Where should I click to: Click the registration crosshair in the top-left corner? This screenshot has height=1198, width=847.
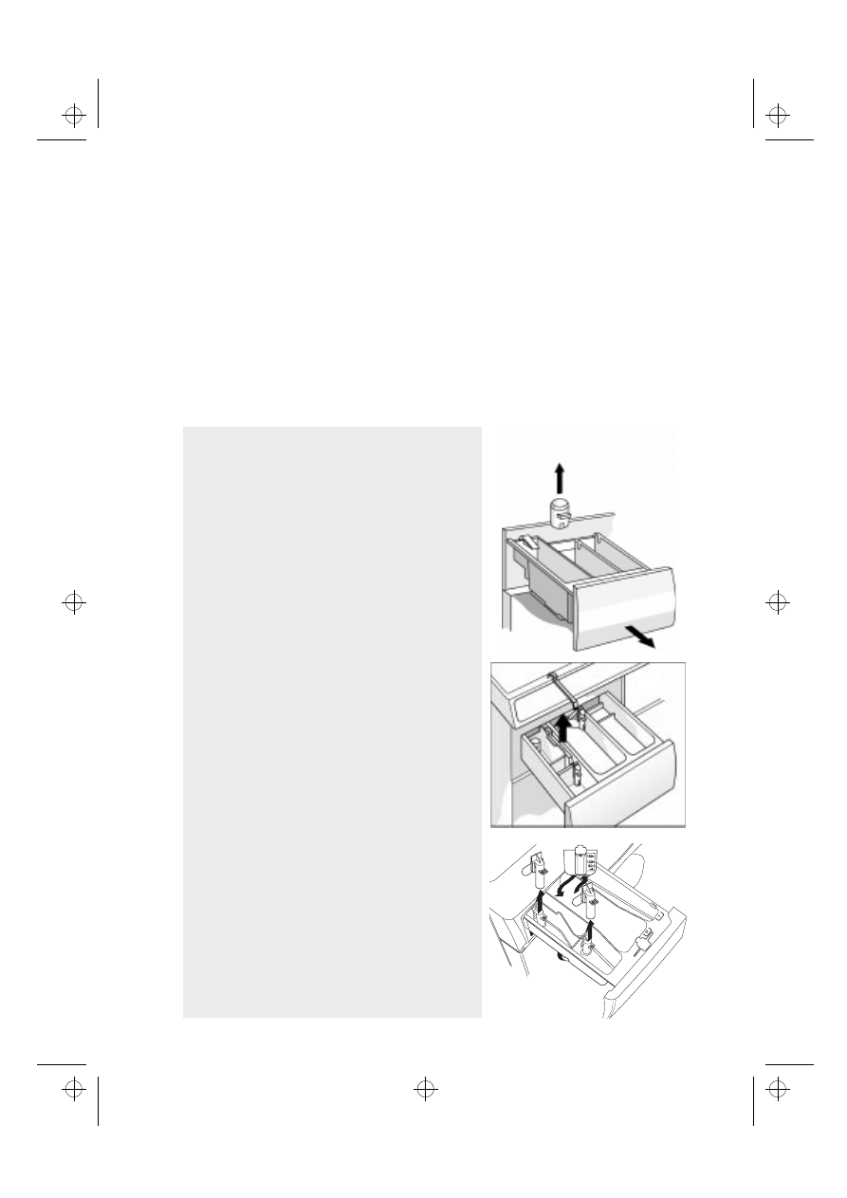(x=73, y=116)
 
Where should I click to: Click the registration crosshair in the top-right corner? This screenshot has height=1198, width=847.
(x=777, y=116)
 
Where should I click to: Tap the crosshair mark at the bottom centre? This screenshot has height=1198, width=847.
(x=425, y=1089)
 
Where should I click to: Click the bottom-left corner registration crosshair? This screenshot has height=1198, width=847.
(x=73, y=1089)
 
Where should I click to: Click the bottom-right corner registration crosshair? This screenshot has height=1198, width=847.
(x=777, y=1089)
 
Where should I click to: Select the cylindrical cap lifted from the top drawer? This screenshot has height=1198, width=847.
(x=561, y=513)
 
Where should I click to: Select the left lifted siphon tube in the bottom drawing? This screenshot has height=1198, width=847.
(x=537, y=873)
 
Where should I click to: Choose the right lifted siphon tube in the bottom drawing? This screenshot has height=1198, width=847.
(x=590, y=896)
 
